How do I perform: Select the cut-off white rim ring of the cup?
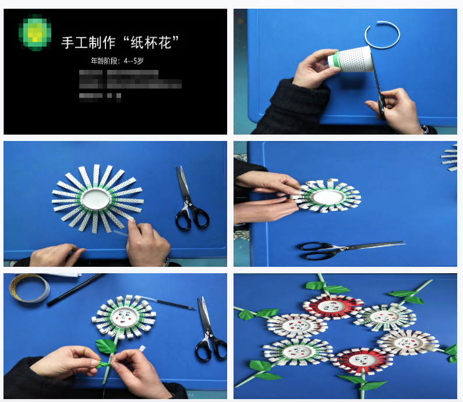tap(385, 36)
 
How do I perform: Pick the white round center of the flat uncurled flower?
tap(97, 198)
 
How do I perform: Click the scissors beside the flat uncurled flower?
tap(189, 201)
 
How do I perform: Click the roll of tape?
tap(29, 289)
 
